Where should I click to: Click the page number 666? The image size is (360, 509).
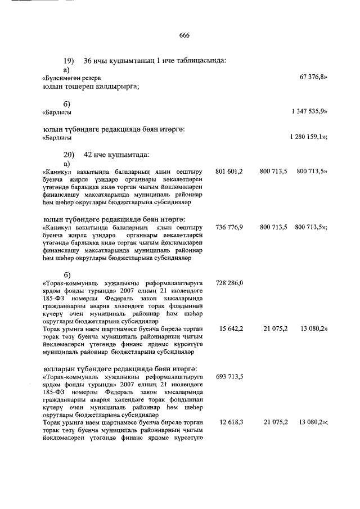[184, 35]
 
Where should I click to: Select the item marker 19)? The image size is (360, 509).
[69, 60]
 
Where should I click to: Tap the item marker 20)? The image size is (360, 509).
[69, 154]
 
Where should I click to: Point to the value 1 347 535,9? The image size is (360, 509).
[309, 112]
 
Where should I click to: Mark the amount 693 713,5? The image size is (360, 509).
[229, 376]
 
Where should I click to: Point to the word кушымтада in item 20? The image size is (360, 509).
[130, 154]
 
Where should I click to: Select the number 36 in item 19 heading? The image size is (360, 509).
[88, 60]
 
